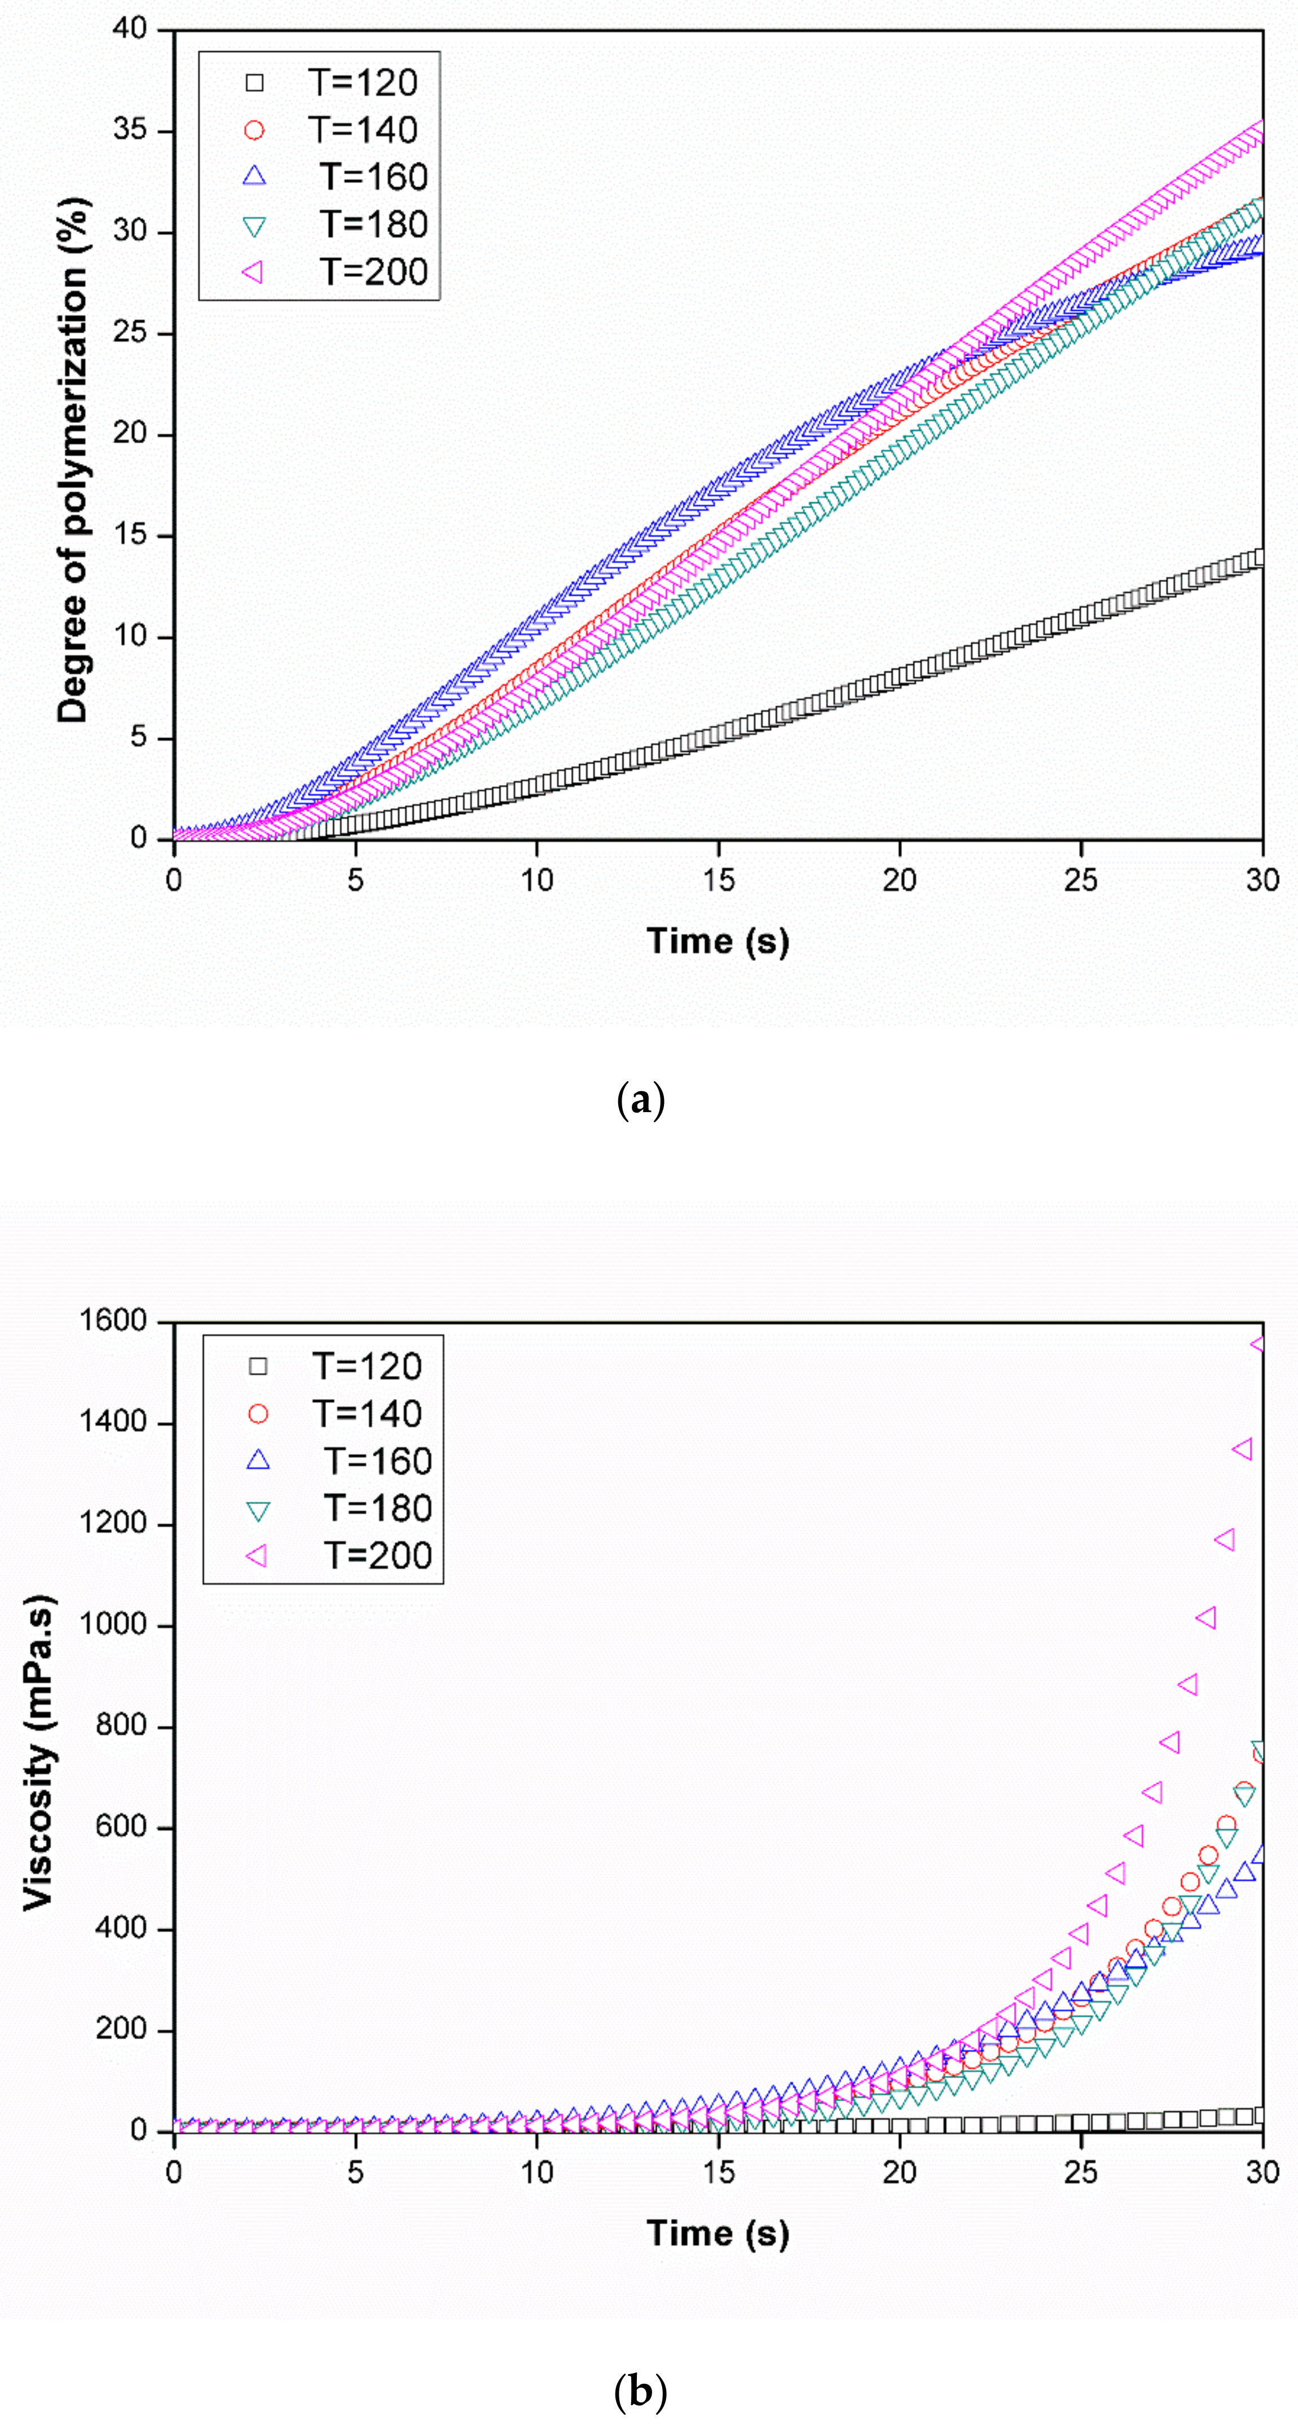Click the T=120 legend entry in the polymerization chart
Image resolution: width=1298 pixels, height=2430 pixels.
(362, 83)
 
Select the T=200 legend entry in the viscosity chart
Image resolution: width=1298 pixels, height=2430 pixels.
(377, 1555)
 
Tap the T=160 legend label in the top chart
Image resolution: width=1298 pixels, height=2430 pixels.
(373, 177)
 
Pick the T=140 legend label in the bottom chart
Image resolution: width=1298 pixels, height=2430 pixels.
(367, 1414)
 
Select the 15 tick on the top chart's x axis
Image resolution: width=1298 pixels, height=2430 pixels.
(718, 881)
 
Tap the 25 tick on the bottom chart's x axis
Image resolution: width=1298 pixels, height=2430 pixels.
(1081, 2172)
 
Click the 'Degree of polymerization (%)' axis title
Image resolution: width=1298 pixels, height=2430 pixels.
(73, 460)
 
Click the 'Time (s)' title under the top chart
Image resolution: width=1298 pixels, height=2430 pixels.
(718, 941)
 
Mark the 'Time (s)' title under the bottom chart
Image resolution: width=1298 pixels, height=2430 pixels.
(718, 2233)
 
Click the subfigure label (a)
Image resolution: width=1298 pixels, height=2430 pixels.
(640, 1100)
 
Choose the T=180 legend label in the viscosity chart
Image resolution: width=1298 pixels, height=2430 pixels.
(377, 1509)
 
